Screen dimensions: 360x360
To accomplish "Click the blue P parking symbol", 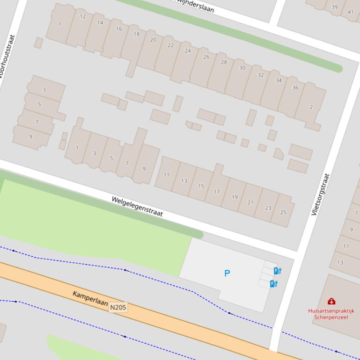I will [227, 273].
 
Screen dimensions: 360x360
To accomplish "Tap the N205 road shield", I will [118, 307].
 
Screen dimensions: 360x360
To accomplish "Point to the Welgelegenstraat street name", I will [137, 206].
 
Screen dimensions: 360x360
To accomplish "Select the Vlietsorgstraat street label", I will [321, 194].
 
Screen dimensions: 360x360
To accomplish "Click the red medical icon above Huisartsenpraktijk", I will [331, 302].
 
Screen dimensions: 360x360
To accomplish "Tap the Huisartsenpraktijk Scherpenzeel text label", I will [331, 314].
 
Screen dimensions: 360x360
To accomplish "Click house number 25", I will [283, 212].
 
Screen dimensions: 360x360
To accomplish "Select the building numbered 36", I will [295, 87].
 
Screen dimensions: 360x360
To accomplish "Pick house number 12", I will [83, 16].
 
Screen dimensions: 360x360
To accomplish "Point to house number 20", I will [153, 40].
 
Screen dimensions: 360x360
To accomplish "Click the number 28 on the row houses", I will [224, 62].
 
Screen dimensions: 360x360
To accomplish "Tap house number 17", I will [217, 192].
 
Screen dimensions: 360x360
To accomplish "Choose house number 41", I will [351, 12].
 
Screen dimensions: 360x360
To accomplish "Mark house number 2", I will [311, 107].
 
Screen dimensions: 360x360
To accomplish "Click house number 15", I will [201, 186].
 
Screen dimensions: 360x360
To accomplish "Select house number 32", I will [261, 75].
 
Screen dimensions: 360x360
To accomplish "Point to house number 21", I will [250, 202].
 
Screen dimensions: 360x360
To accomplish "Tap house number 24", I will [188, 50].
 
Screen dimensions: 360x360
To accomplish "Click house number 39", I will [334, 7].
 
